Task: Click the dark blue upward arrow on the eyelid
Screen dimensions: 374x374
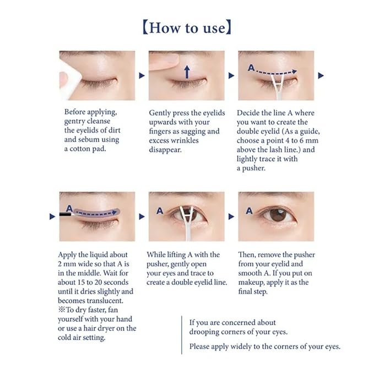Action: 187,71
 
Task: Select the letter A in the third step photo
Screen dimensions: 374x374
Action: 251,68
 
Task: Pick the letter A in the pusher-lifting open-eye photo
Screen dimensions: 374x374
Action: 159,210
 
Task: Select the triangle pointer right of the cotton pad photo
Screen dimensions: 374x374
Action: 142,75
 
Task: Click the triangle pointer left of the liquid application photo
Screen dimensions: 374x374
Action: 52,216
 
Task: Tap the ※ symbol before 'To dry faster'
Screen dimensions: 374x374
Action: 61,310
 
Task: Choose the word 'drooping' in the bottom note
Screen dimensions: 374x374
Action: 206,332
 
